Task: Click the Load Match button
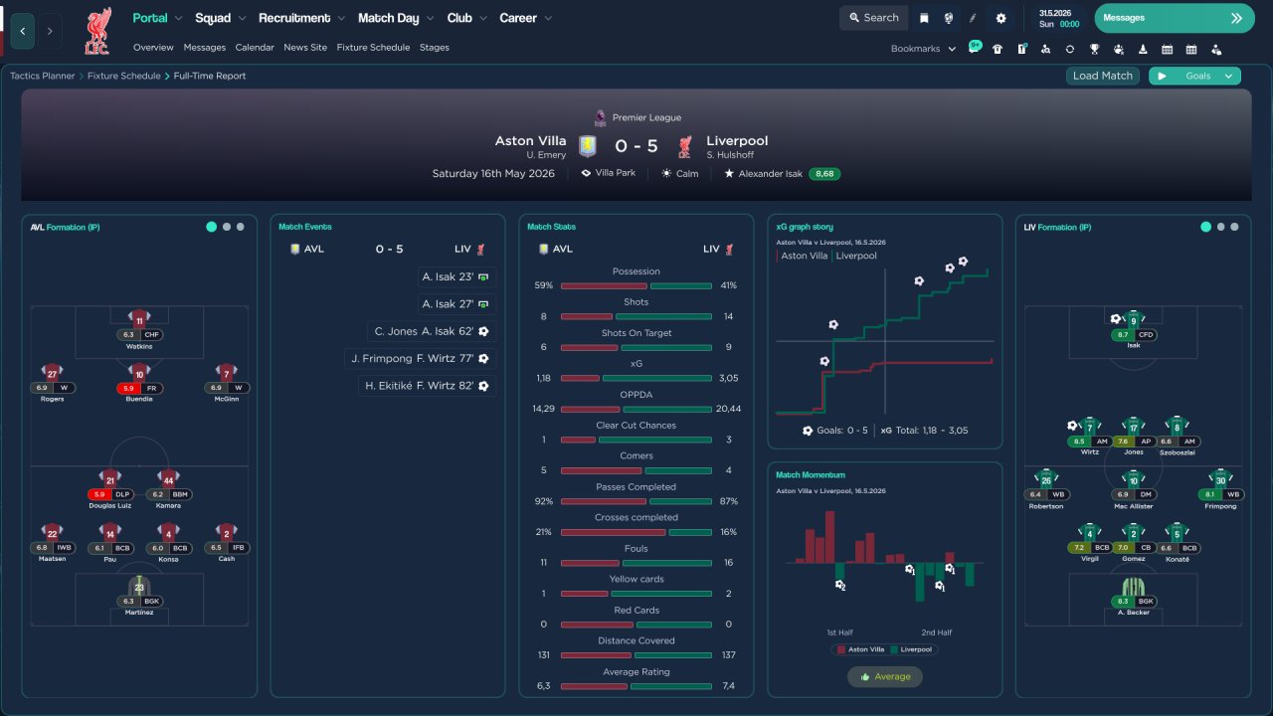[1103, 76]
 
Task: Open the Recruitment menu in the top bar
[294, 18]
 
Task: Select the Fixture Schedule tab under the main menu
[373, 47]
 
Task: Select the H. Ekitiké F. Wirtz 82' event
[427, 386]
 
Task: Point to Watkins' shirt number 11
[139, 319]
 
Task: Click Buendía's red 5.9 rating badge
[128, 388]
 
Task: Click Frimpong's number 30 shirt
[1220, 479]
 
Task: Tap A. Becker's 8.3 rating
[1123, 602]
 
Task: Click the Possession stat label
[636, 271]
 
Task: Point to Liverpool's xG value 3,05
[728, 378]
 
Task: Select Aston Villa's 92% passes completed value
[544, 501]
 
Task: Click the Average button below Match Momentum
[884, 676]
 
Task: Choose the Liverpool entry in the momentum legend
[913, 649]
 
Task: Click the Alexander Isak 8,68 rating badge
[824, 173]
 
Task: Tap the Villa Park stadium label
[609, 173]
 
